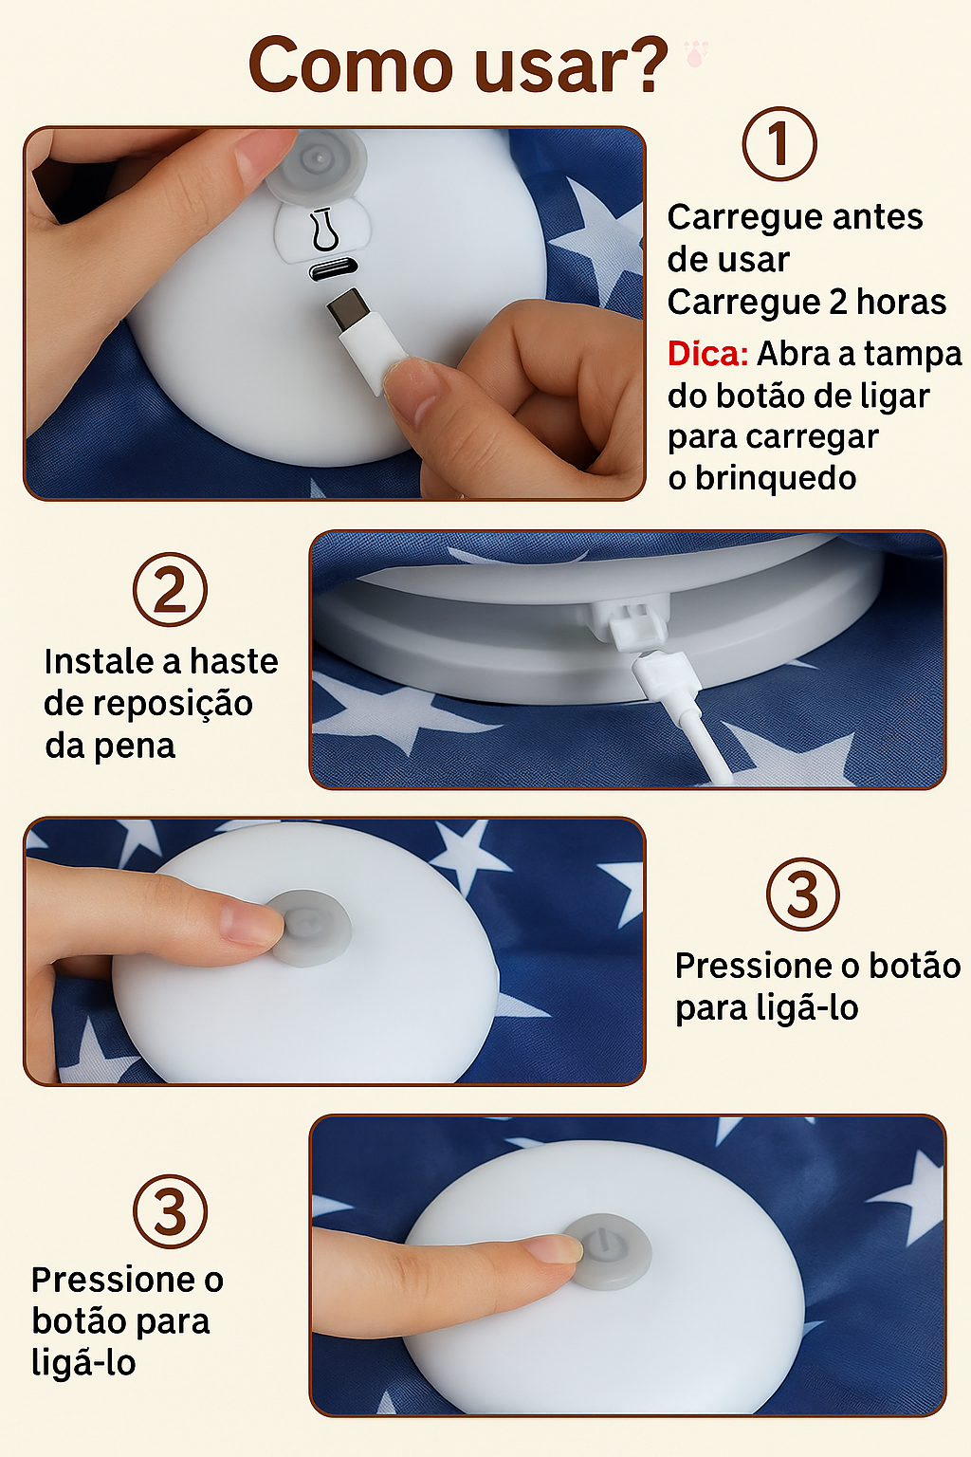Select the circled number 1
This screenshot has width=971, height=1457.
(779, 144)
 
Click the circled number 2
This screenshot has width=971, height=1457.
(170, 589)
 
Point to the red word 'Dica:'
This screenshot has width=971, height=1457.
(707, 354)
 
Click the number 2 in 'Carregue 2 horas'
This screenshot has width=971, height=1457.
(838, 302)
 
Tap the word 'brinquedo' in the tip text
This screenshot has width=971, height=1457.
(775, 478)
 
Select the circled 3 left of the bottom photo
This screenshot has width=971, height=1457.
(170, 1211)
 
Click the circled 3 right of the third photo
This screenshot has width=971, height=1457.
(802, 894)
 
